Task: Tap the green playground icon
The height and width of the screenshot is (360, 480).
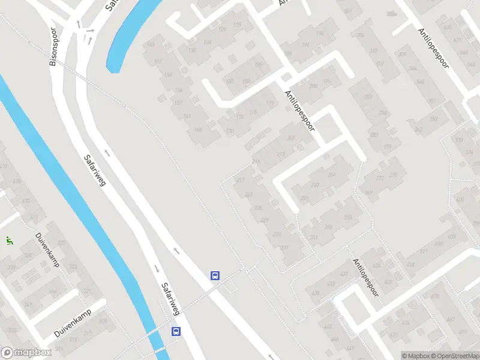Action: point(9,241)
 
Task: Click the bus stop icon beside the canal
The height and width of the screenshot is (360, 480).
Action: point(176,331)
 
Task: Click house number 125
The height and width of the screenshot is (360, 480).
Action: point(238,25)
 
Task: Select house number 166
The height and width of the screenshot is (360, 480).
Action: point(198,130)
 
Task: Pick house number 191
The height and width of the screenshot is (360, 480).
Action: point(305,45)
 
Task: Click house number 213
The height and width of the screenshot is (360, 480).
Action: point(280,154)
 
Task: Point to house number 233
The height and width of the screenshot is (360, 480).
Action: point(277,235)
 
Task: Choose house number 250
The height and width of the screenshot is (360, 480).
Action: point(347,217)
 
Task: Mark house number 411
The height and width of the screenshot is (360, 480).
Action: point(424,251)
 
